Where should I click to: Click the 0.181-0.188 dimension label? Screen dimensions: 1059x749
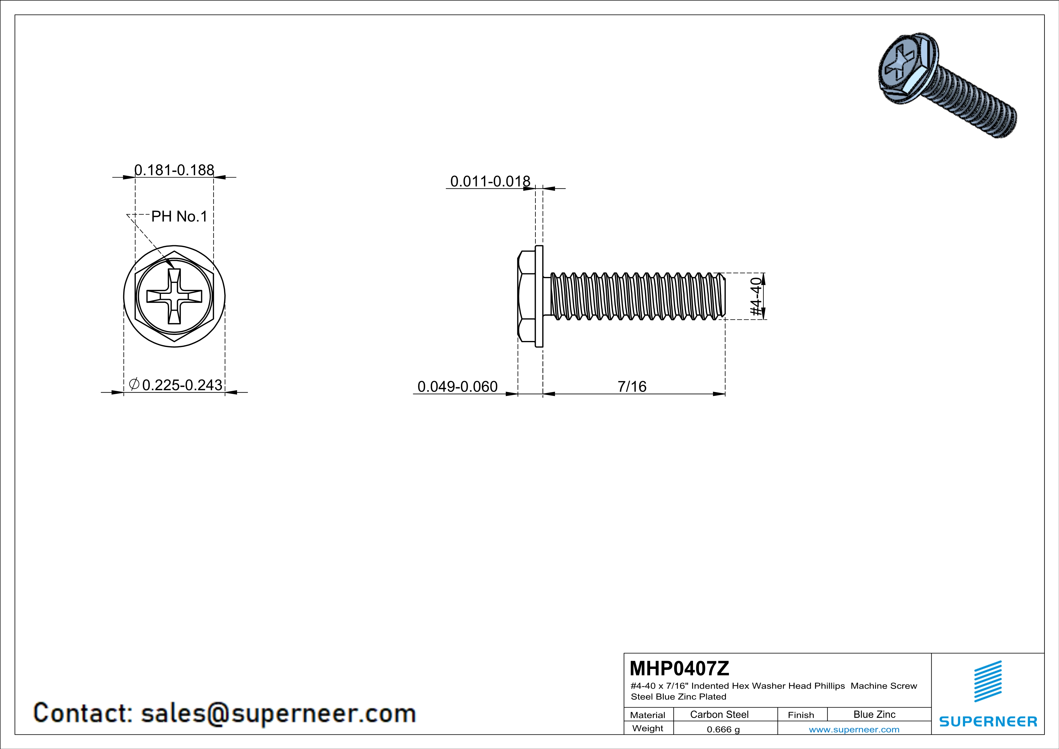174,170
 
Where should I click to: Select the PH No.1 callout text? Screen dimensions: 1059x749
179,216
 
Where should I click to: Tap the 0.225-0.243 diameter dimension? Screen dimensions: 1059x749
182,385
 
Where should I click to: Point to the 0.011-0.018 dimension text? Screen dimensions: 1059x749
490,181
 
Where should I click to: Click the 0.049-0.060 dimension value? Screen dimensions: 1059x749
457,387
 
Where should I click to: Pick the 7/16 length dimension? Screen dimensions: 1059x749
632,387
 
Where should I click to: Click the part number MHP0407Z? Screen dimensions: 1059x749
679,668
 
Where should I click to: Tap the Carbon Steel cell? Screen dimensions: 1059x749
719,714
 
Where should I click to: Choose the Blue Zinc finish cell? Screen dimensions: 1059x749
874,714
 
